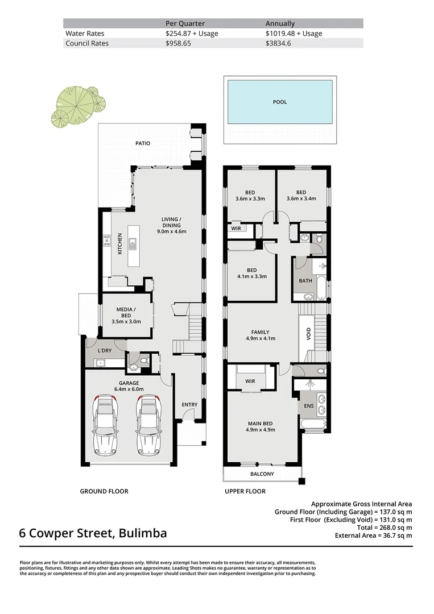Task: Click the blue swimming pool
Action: point(280,102)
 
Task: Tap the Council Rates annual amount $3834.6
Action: point(278,43)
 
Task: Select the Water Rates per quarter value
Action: point(192,34)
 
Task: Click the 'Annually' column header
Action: point(280,23)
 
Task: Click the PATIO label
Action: point(143,143)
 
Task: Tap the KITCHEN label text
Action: point(120,243)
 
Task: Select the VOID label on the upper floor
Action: point(309,334)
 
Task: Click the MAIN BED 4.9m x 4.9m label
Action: point(261,426)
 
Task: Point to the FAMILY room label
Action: point(261,335)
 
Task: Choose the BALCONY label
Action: point(262,474)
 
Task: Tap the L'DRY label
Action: point(105,351)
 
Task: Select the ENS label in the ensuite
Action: point(309,406)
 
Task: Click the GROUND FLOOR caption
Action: point(104,491)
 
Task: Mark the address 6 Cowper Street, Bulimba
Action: point(93,533)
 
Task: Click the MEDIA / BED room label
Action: point(126,316)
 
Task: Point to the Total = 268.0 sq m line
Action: point(385,528)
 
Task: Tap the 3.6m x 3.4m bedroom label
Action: point(301,196)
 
